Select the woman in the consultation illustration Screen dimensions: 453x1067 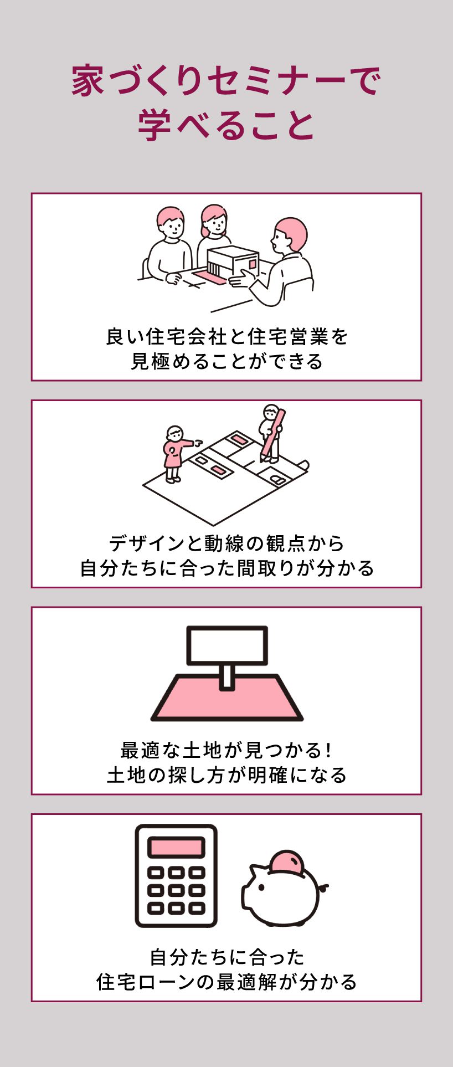pos(214,233)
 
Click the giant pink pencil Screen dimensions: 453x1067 pos(273,435)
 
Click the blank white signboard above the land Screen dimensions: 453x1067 pos(227,645)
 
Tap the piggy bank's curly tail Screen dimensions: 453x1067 pos(324,888)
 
